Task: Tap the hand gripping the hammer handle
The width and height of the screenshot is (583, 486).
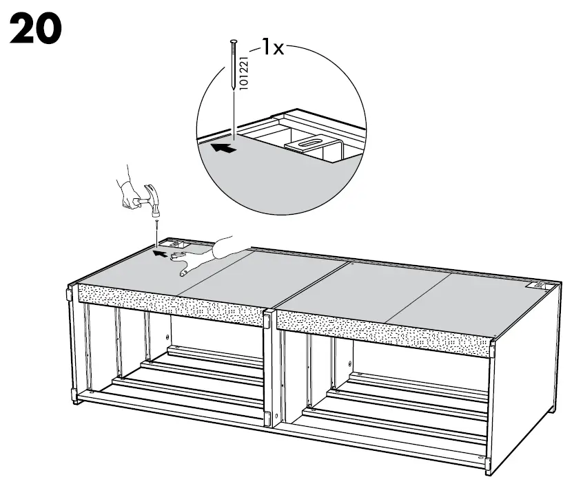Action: pyautogui.click(x=129, y=195)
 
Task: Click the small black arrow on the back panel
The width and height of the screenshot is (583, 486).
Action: pyautogui.click(x=159, y=253)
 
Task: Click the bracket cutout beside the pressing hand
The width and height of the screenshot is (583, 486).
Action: pyautogui.click(x=178, y=244)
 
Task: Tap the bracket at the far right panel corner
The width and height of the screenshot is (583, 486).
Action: pyautogui.click(x=535, y=284)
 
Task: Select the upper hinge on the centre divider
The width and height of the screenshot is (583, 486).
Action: pyautogui.click(x=268, y=319)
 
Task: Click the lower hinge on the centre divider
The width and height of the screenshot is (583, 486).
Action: pyautogui.click(x=269, y=418)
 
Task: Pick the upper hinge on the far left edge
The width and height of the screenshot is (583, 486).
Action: pyautogui.click(x=70, y=295)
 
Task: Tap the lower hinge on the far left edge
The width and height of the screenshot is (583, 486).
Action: pyautogui.click(x=74, y=397)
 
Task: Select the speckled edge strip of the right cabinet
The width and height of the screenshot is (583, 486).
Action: pyautogui.click(x=386, y=330)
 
